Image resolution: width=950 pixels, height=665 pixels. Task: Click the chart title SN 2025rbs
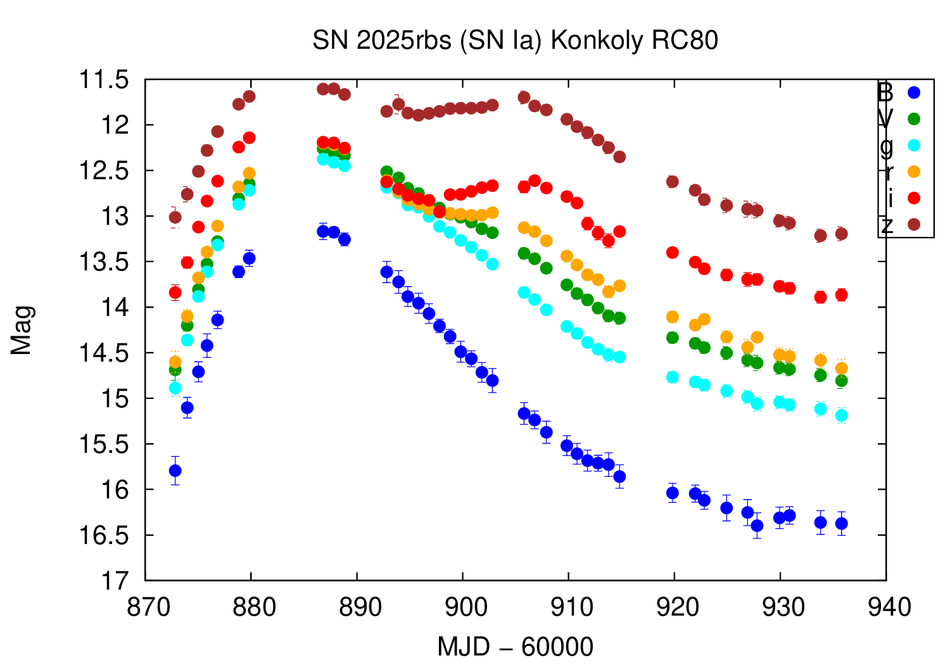515,41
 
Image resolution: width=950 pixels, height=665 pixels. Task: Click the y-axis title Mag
22,329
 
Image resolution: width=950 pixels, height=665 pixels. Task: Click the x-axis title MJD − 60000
515,647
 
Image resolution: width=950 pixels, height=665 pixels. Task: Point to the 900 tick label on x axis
463,607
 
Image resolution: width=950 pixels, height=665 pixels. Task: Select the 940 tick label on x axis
886,607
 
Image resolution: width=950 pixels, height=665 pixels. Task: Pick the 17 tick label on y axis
114,581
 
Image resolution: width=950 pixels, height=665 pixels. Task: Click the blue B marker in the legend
913,92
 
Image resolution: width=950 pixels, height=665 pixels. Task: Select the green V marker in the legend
913,118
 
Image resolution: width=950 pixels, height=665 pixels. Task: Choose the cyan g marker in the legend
913,145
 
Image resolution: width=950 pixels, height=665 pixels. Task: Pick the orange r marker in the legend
913,172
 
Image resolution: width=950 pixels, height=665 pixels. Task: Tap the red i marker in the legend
913,198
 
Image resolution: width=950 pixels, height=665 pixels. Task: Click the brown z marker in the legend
913,225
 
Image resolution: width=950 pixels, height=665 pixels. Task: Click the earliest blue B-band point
175,471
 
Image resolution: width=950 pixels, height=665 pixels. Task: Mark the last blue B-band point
842,524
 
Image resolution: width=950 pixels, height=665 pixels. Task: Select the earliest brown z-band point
175,217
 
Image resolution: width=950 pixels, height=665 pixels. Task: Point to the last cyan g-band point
842,415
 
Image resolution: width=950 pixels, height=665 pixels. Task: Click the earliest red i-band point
175,292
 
